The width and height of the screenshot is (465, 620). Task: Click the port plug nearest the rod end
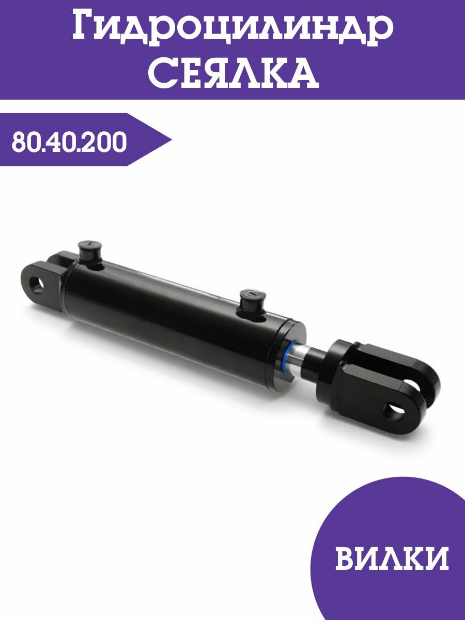pos(252,302)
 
